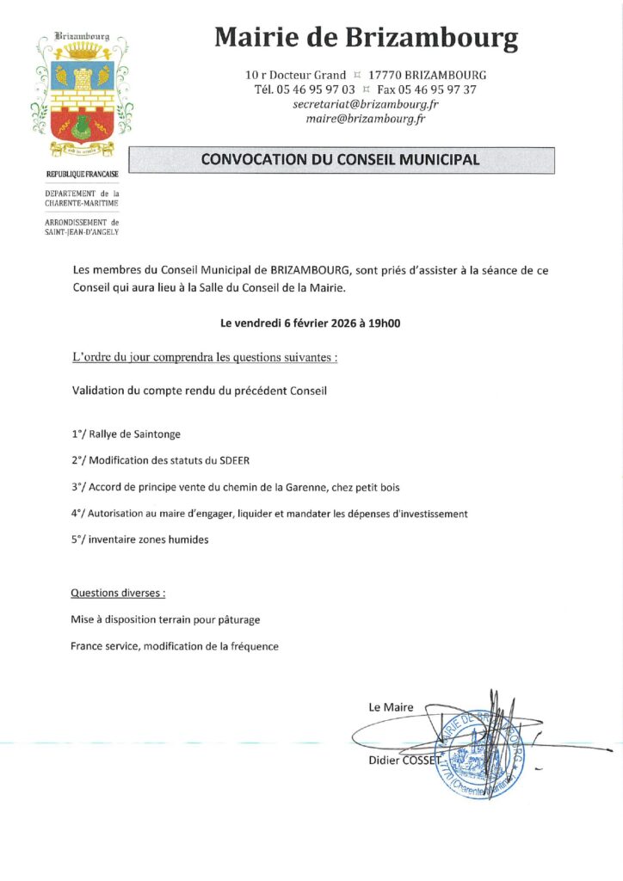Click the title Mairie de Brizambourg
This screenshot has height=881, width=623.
click(x=366, y=38)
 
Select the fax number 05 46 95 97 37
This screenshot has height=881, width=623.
click(x=439, y=89)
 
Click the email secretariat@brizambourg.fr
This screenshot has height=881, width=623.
click(x=366, y=104)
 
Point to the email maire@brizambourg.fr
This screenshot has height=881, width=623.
click(x=366, y=119)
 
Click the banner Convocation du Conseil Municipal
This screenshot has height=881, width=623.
click(x=341, y=160)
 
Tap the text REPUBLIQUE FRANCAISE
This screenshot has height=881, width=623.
click(x=82, y=176)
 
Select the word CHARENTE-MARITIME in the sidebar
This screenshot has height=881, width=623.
click(x=82, y=203)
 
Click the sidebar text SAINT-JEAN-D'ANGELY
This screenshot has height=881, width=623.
click(x=82, y=231)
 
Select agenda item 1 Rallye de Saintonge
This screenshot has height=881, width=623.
click(x=126, y=434)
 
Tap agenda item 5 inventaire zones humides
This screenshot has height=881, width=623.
click(x=140, y=539)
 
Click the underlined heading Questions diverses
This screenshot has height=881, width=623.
click(x=118, y=594)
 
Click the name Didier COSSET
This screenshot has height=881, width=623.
click(x=404, y=761)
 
